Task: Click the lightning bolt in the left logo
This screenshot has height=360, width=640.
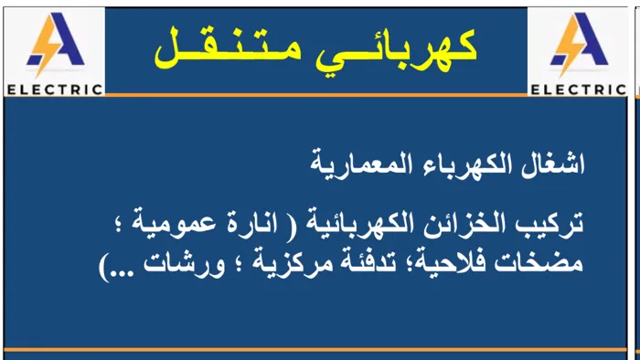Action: [43, 46]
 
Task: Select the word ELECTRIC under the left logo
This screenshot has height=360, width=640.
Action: [55, 90]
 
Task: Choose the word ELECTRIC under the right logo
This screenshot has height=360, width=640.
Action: [579, 90]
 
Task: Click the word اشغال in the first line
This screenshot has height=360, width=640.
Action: [553, 164]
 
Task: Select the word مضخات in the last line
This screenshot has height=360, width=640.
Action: [539, 263]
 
